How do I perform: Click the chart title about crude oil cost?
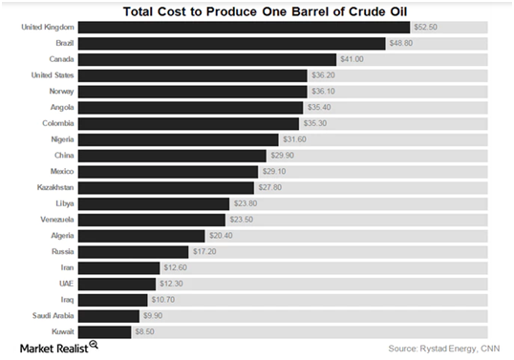coord(265,11)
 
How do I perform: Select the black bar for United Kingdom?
coord(244,28)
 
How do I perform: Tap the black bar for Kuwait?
coord(104,332)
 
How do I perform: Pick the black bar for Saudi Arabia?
coord(109,316)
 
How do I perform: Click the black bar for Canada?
coord(207,59)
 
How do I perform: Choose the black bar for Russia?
coord(133,252)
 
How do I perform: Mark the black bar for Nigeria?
coord(179,139)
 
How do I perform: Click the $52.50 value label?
coord(425,27)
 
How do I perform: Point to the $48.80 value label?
coord(401,43)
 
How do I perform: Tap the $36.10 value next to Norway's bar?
coord(323,92)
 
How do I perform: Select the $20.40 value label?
coord(221,236)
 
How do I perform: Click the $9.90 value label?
coord(153,316)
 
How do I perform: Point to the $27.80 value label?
coord(270,188)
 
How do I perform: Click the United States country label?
coord(53,75)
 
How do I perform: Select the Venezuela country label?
coord(57,220)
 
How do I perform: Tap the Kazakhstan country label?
coord(55,188)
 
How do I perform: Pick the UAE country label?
coord(66,284)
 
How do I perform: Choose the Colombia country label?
coord(58,123)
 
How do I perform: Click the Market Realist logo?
coord(59,348)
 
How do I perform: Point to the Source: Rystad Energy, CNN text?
coord(444,349)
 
